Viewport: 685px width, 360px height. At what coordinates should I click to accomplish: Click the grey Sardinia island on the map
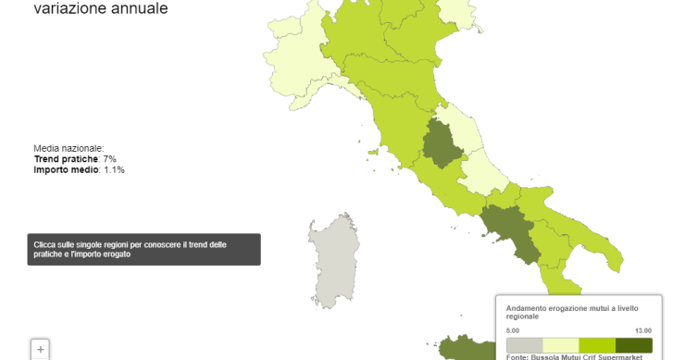point(331,260)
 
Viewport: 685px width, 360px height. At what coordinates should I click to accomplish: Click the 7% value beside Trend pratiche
point(108,159)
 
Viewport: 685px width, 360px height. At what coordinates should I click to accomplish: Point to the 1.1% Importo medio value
point(114,170)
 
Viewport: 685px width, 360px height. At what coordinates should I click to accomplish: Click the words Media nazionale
point(68,148)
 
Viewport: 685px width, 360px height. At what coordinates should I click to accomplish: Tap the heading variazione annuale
point(101,9)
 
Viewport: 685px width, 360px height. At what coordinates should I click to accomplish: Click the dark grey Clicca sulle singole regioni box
point(143,249)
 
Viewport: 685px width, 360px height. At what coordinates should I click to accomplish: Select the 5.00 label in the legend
point(513,330)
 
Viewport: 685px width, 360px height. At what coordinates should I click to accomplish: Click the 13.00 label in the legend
point(643,330)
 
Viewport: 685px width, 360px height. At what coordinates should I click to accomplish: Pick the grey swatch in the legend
point(525,344)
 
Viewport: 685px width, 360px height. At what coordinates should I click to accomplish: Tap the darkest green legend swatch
point(634,344)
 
